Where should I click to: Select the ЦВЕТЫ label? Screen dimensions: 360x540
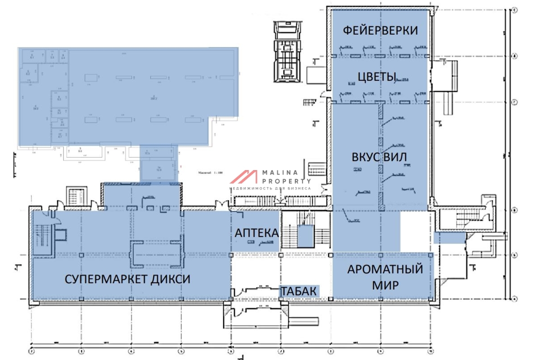[376, 77]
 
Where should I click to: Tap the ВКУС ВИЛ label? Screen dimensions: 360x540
[379, 157]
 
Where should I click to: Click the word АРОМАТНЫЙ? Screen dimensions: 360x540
[385, 270]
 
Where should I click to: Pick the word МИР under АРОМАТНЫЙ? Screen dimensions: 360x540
[385, 286]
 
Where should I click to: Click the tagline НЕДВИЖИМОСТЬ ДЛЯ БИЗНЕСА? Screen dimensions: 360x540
[270, 188]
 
